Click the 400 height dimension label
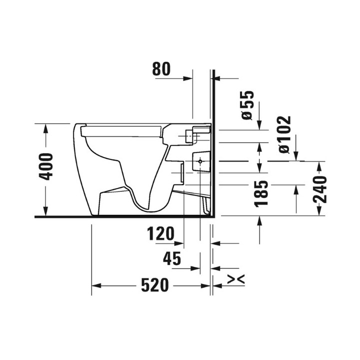(46, 166)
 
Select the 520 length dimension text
(153, 285)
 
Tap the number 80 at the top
(161, 69)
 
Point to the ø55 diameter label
(247, 105)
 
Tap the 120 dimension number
(161, 233)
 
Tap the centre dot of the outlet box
(200, 161)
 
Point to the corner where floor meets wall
(213, 217)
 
